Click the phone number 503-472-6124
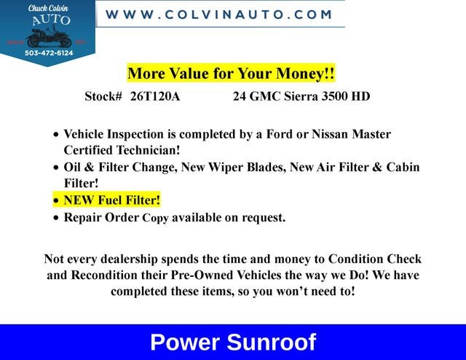[49, 53]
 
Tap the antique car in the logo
[50, 37]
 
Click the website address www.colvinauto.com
[218, 15]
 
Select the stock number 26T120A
[155, 96]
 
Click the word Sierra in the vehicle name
[301, 96]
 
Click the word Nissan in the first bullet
[330, 134]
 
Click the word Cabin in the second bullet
[403, 167]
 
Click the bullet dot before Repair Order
[56, 218]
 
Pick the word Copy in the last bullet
[155, 218]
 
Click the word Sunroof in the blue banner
[272, 343]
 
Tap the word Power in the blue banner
[185, 343]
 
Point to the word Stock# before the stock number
[103, 96]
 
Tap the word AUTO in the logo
[51, 20]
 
